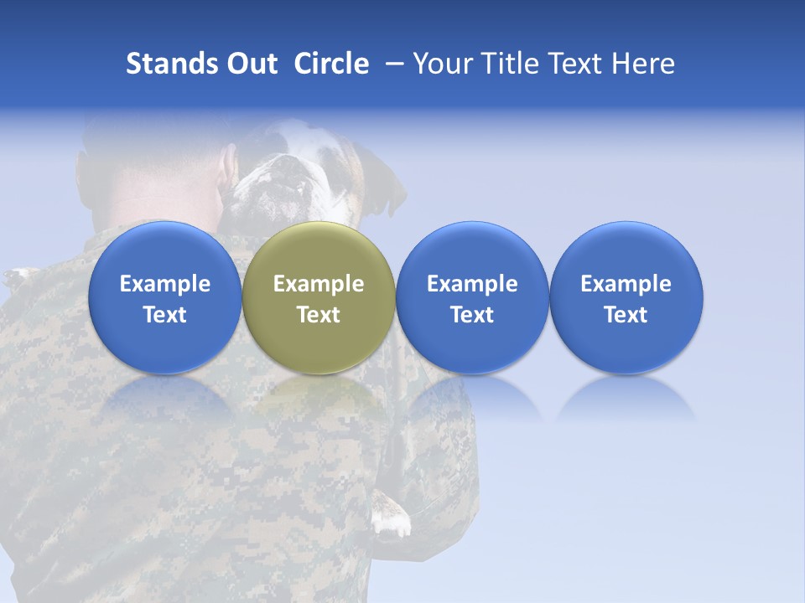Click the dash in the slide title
tap(392, 64)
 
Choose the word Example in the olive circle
tap(319, 284)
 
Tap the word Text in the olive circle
tap(319, 315)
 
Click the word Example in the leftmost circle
tap(165, 284)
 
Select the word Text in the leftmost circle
tap(165, 315)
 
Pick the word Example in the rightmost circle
tap(626, 284)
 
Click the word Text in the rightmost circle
tap(626, 315)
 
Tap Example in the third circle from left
tap(472, 284)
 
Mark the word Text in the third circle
tap(472, 315)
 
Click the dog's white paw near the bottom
tap(391, 520)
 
